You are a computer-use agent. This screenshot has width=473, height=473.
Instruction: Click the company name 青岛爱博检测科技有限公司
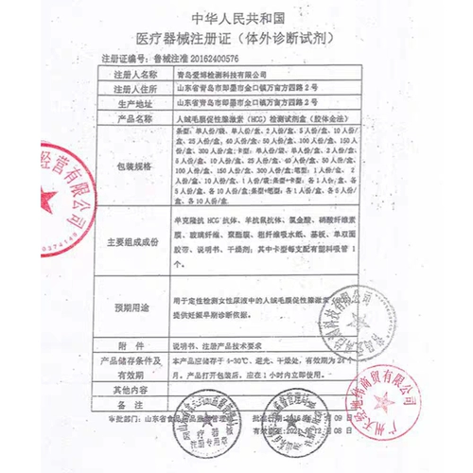point(221,72)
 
